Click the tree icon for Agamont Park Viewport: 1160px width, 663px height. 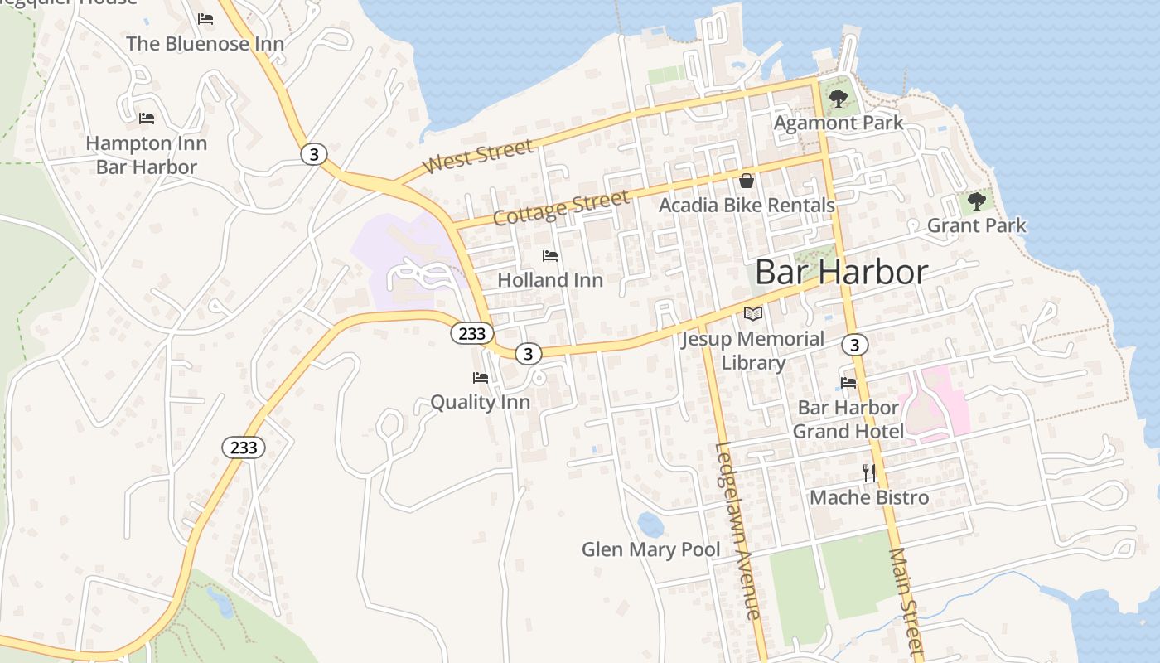coord(839,99)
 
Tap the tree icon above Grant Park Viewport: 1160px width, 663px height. coord(977,201)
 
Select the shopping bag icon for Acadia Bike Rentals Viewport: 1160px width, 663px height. coord(747,181)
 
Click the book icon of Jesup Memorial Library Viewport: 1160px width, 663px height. coord(752,314)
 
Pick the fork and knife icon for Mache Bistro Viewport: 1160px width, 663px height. coord(869,473)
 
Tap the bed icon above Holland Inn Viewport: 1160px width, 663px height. coord(550,256)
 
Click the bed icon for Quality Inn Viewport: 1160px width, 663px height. coord(481,378)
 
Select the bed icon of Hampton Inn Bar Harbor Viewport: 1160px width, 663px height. coord(147,119)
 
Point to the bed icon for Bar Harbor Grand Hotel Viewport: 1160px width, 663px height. coord(848,383)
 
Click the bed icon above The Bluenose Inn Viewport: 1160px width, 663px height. coord(205,19)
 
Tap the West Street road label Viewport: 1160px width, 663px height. coord(477,157)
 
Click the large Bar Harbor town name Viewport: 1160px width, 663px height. coord(841,272)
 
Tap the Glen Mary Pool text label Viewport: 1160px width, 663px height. coord(650,549)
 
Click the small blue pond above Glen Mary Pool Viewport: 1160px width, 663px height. coord(650,524)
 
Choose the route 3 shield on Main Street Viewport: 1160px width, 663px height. coord(856,344)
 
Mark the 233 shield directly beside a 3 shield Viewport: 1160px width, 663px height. coord(472,333)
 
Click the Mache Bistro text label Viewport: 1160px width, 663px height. coord(869,497)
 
